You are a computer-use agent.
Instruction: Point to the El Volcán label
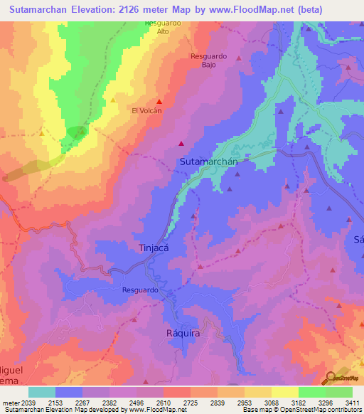tap(146, 110)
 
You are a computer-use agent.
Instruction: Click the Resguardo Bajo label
tap(208, 60)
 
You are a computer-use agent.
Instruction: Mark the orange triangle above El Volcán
tap(113, 101)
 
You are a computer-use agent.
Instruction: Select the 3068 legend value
tap(272, 402)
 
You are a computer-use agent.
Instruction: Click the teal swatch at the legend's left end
tap(41, 392)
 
